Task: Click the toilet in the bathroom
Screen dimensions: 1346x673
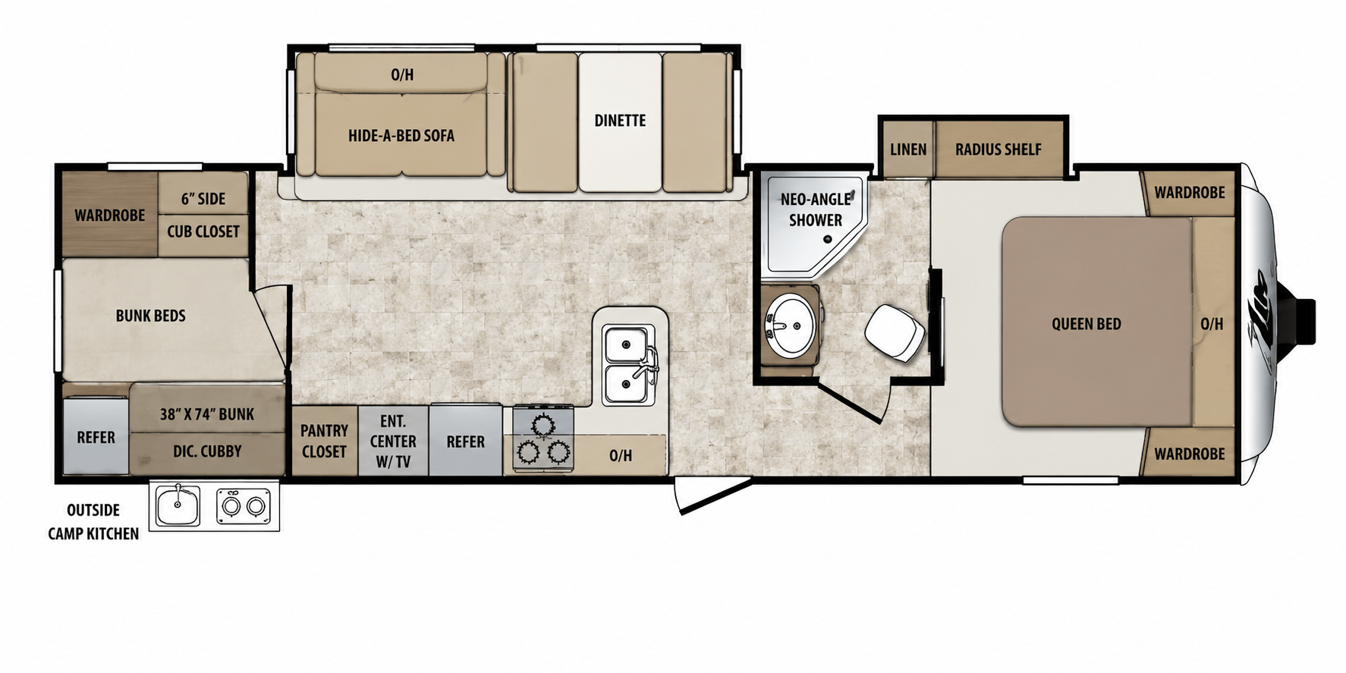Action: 895,333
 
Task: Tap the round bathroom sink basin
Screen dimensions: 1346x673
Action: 789,325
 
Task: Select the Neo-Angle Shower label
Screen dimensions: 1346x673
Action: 816,209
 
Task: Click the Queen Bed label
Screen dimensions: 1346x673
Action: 1086,324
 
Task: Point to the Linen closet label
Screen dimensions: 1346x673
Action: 908,149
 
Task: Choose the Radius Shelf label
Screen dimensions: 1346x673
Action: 998,149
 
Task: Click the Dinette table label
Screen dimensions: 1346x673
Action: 620,121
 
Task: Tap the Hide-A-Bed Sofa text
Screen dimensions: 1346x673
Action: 401,136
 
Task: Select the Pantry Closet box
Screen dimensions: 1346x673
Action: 324,441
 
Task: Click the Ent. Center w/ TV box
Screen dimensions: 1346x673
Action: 393,441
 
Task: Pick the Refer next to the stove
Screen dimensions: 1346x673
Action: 465,441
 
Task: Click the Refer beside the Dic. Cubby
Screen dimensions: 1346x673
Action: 96,436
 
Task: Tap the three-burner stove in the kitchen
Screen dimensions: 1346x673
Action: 543,439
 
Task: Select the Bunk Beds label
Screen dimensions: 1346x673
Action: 150,316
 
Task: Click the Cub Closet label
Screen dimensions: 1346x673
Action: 203,231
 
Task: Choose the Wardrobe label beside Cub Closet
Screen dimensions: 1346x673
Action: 109,215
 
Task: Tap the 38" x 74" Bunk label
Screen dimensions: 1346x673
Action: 206,414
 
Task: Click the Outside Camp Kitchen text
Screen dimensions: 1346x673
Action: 93,522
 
